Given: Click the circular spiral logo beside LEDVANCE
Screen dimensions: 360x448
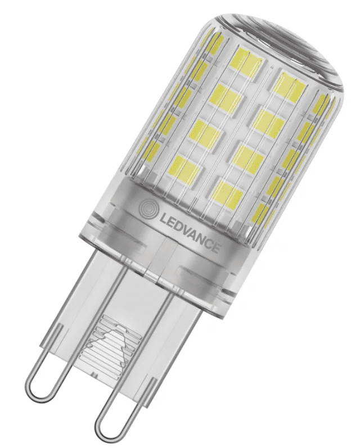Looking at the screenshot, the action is click(x=147, y=210).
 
